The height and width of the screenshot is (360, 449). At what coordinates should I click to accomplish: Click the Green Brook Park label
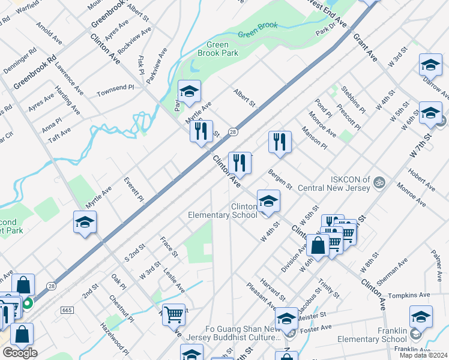point(222,49)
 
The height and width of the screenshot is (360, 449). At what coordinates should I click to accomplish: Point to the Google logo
point(20,353)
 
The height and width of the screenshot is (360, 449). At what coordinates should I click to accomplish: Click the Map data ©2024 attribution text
point(423,355)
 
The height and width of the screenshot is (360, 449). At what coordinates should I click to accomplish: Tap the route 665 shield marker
point(67,310)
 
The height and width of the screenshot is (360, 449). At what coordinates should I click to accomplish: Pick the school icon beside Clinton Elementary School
point(268,201)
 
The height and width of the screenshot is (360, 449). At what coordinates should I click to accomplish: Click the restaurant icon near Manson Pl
point(280,142)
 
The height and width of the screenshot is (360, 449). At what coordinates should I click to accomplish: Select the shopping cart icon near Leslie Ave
point(173,313)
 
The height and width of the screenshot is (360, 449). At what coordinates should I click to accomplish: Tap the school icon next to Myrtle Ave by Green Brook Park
point(189,92)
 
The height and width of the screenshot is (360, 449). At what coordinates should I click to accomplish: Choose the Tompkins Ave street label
point(409,295)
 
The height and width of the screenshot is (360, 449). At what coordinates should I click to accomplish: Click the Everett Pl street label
point(134,189)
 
